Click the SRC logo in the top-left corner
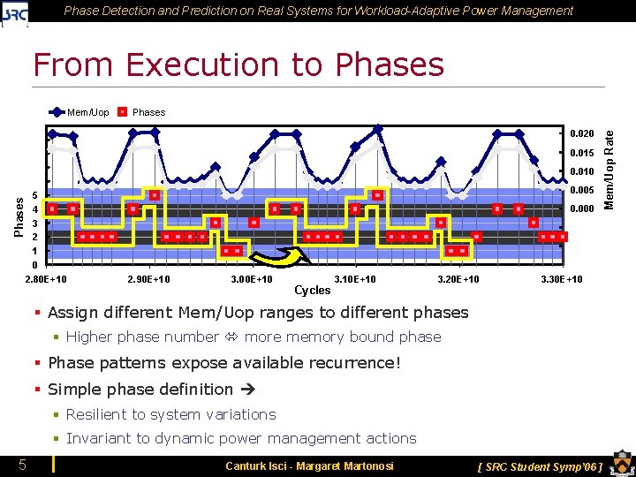[15, 13]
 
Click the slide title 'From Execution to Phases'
[238, 64]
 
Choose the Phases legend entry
[140, 112]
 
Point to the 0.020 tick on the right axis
[581, 133]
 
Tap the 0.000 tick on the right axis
[581, 209]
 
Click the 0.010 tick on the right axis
[581, 171]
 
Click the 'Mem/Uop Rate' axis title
[609, 169]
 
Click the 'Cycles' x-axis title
[312, 290]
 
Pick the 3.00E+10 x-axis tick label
[251, 280]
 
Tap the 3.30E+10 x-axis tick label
[561, 280]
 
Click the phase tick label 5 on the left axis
[34, 195]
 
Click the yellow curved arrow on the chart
[279, 255]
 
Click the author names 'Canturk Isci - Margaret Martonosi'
[309, 466]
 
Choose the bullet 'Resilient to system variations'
[170, 414]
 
